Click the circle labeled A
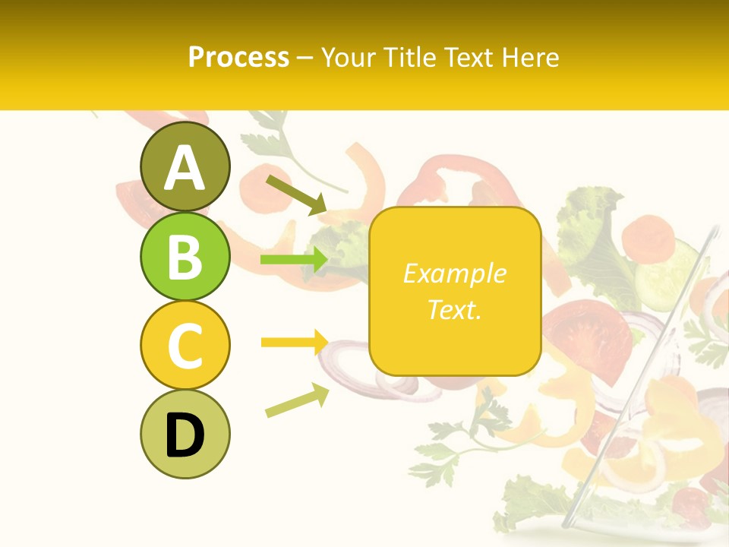[185, 167]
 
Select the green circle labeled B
[185, 256]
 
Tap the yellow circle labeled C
[185, 345]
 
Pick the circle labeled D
[185, 434]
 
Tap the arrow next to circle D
[297, 400]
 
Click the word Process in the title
[238, 58]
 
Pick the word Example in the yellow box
[454, 273]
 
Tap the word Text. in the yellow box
[454, 309]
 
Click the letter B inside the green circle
[185, 256]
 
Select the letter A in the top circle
[185, 167]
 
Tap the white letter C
[185, 346]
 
